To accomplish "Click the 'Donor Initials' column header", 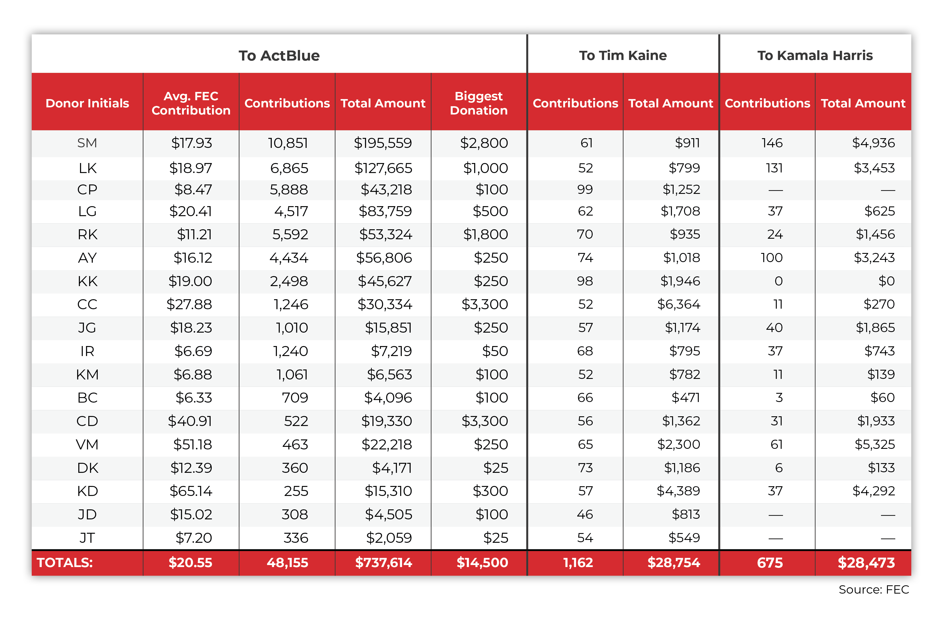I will coord(87,103).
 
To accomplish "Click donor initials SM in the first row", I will coord(87,143).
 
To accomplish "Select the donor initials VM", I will coord(87,444).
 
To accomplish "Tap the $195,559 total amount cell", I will coord(383,143).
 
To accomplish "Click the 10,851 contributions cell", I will coord(288,143).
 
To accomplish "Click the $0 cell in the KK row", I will coord(886,281).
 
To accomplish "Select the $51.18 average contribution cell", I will coord(192,444).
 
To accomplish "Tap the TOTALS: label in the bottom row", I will coord(65,562).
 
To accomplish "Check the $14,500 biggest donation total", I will coord(482,562).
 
